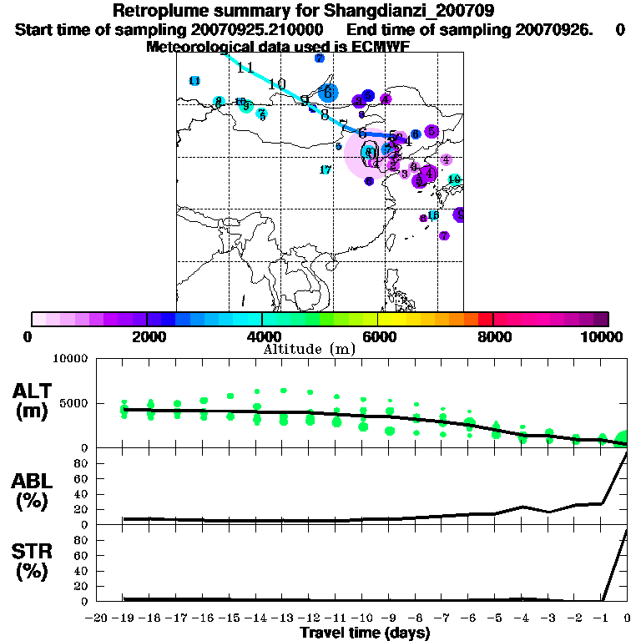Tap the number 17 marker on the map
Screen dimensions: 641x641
coord(326,169)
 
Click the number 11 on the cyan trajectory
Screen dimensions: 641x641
coord(245,68)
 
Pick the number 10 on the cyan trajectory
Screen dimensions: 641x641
coord(277,83)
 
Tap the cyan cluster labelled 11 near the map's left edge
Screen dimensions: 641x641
coord(194,81)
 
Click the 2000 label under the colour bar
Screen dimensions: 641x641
coord(146,336)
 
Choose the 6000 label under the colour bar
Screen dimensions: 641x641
coord(378,336)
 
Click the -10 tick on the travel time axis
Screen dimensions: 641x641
coord(362,618)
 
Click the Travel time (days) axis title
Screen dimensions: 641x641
coord(365,633)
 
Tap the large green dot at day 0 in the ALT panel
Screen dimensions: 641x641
coord(623,439)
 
